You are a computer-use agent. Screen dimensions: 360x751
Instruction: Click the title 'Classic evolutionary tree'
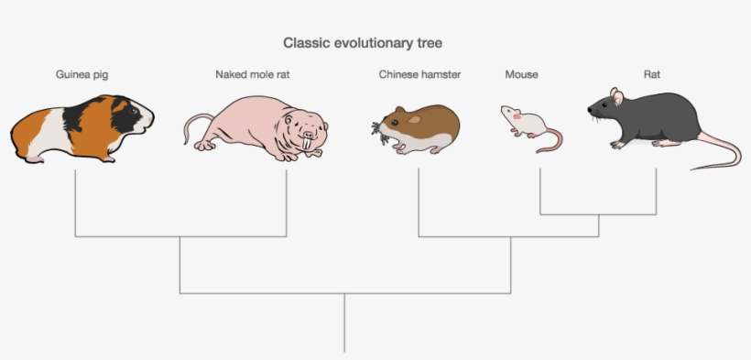click(364, 43)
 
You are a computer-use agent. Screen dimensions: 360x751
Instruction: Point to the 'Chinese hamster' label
click(419, 74)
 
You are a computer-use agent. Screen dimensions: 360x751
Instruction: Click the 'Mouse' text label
click(521, 74)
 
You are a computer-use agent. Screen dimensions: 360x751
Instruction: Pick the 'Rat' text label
click(652, 74)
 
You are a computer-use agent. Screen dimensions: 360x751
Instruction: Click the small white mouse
click(523, 122)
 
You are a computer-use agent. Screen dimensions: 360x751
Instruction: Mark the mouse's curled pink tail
click(551, 141)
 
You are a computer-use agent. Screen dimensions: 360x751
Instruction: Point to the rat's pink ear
click(617, 96)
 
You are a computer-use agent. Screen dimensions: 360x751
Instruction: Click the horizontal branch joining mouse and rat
click(598, 214)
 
